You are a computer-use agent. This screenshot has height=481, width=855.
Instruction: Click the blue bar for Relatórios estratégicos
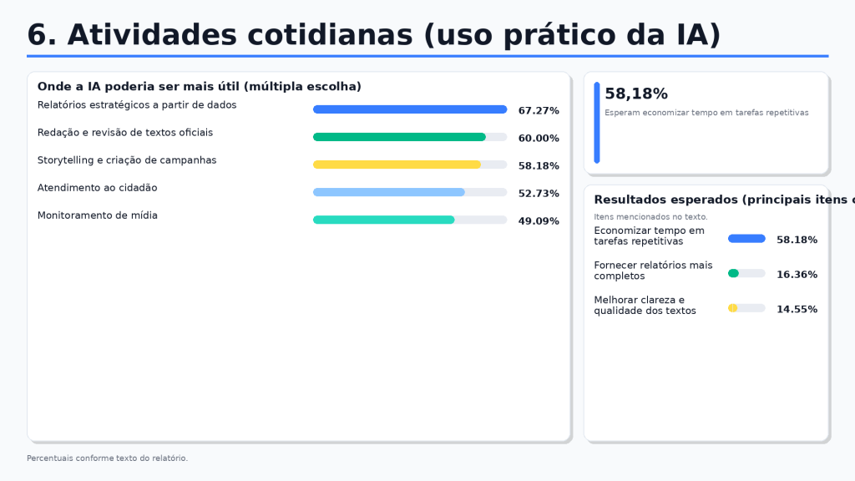[x=410, y=109]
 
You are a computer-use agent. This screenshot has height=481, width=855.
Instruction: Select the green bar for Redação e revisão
[x=399, y=138]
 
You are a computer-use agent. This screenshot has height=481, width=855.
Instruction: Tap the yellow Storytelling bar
[x=397, y=165]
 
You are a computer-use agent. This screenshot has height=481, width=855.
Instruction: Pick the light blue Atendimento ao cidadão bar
[x=389, y=193]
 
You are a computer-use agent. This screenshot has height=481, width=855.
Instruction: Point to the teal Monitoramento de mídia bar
[x=384, y=220]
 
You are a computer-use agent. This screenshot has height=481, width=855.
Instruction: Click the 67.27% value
[x=539, y=111]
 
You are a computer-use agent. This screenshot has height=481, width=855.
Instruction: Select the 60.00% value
[x=539, y=139]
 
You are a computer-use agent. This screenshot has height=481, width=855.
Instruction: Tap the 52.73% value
[x=539, y=194]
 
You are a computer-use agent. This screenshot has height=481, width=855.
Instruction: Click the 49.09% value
[x=539, y=221]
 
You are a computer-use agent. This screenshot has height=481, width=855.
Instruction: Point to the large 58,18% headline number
[x=636, y=94]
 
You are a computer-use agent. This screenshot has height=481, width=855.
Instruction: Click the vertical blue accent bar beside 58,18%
[x=597, y=123]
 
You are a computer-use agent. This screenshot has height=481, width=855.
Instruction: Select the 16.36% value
[x=797, y=274]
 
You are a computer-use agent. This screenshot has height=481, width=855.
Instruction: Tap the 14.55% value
[x=797, y=309]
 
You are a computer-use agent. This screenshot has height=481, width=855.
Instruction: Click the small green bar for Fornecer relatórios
[x=733, y=273]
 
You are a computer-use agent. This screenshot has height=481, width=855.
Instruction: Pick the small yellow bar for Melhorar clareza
[x=733, y=308]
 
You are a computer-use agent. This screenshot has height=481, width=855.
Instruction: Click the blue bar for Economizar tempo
[x=747, y=238]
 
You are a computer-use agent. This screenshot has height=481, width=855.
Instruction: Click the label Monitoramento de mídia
[x=98, y=215]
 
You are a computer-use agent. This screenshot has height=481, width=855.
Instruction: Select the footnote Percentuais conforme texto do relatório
[x=108, y=458]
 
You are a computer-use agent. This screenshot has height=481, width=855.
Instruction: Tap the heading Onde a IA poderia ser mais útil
[x=200, y=86]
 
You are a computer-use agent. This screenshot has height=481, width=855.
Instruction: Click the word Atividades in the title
[x=152, y=35]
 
